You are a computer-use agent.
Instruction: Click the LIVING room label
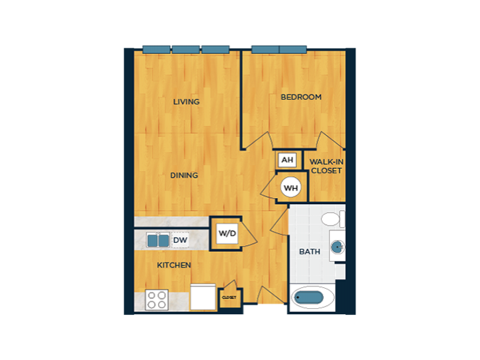pos(186,102)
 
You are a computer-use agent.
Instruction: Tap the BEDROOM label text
pos(301,97)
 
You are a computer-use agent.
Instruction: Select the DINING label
pos(184,175)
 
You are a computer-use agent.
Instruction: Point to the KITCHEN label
pos(174,265)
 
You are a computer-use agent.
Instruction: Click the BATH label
pos(310,252)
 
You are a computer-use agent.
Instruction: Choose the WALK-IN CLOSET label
pos(326,166)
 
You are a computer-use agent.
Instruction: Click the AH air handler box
pos(287,160)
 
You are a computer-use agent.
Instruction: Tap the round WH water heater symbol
pos(291,187)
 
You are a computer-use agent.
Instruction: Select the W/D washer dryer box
pos(227,233)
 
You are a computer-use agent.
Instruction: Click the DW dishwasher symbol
pos(180,240)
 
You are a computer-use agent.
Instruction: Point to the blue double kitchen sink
pos(158,240)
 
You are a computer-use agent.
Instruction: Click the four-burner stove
pos(157,300)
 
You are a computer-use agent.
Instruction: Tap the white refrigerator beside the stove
pos(203,297)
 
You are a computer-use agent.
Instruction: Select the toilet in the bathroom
pos(333,218)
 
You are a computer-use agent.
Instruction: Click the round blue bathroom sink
pos(337,246)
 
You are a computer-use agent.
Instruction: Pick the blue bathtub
pos(309,298)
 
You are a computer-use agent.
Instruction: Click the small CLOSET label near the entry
pos(229,298)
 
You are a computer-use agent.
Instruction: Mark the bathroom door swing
pos(280,221)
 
